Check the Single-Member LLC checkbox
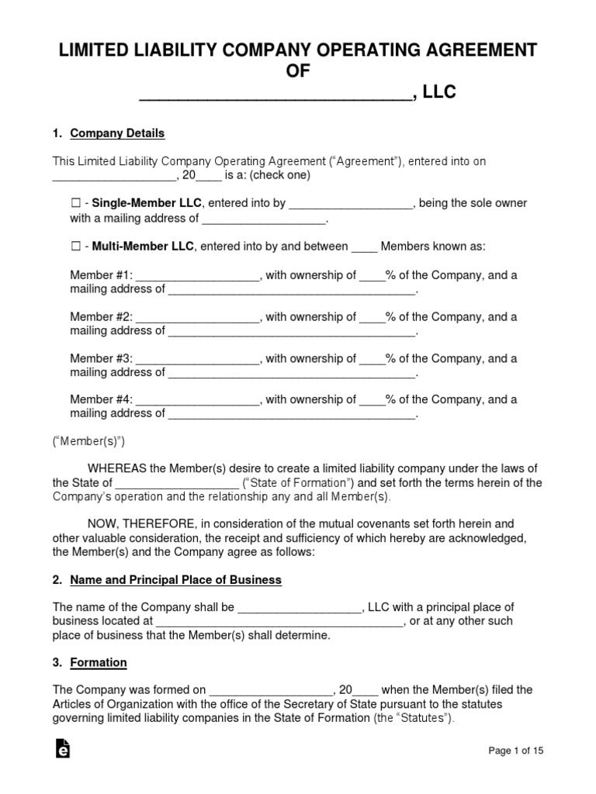pos(75,203)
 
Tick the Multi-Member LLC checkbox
pos(75,247)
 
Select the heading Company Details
pos(117,133)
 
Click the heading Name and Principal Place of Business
pos(175,580)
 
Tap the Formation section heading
pos(99,663)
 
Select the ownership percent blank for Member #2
pos(372,318)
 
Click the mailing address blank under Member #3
pos(292,374)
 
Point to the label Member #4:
pos(102,400)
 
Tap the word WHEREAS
pos(117,468)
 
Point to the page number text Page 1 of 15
pos(516,751)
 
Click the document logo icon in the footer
pos(63,749)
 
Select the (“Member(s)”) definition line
pos(88,441)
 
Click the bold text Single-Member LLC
pos(147,203)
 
